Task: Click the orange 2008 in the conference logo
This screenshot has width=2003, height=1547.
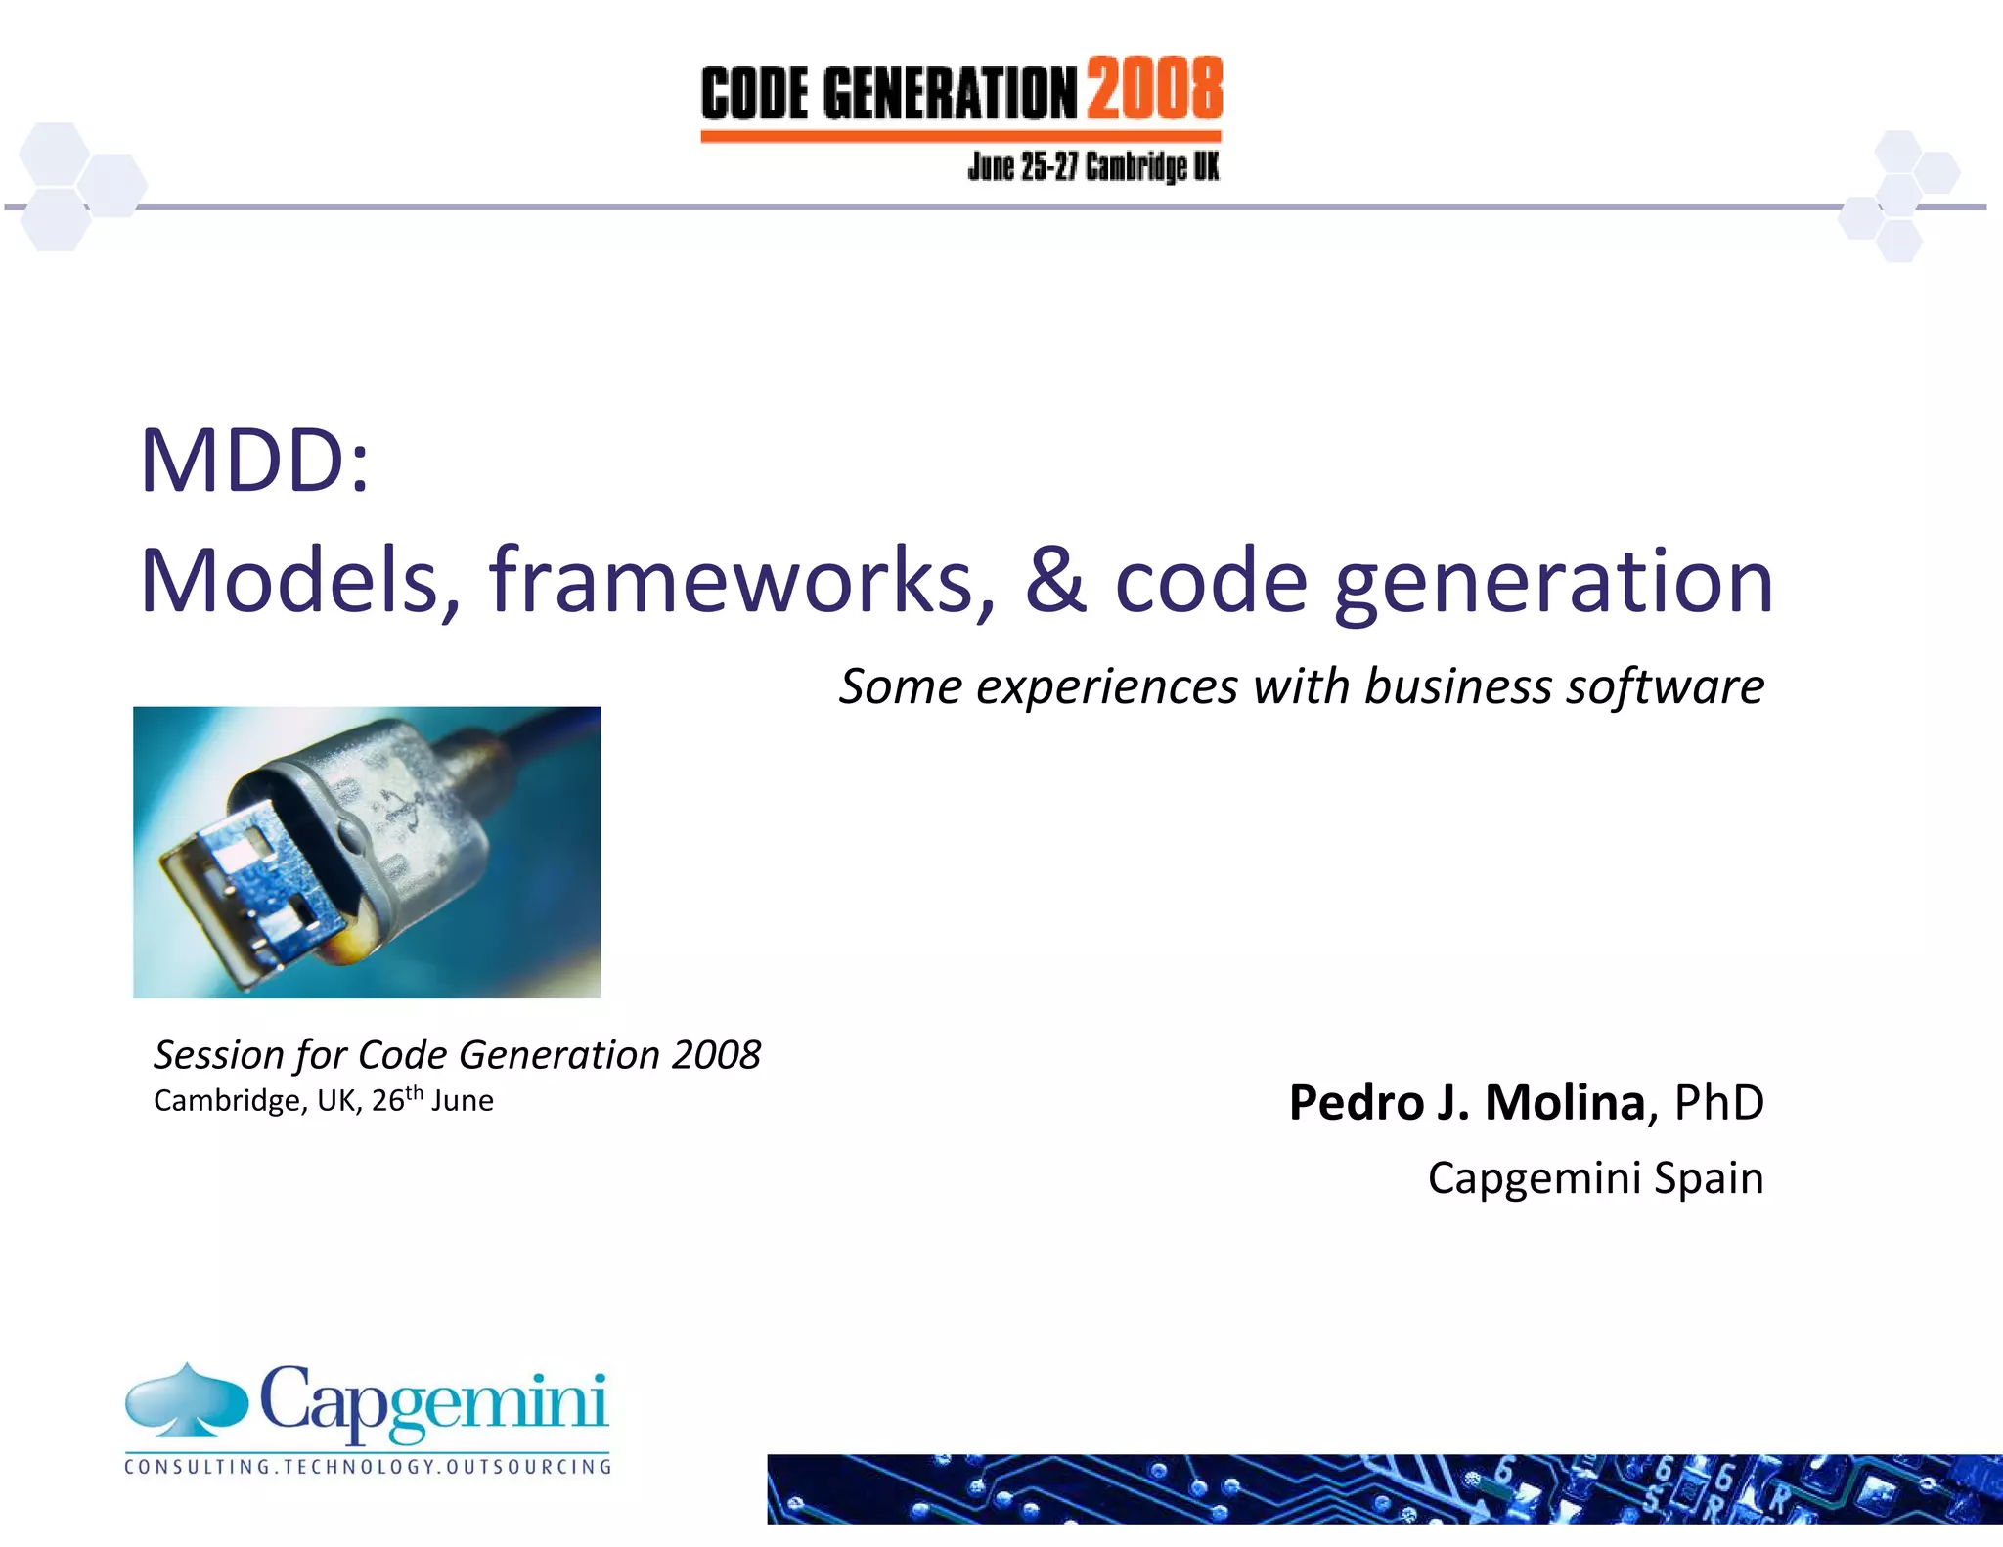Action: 1154,88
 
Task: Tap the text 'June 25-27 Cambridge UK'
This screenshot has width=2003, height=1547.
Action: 1092,167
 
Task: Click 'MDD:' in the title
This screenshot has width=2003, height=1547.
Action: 255,461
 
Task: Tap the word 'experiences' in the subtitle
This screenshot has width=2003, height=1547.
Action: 1106,685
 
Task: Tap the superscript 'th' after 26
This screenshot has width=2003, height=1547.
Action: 415,1092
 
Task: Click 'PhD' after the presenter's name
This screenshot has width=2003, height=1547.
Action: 1718,1103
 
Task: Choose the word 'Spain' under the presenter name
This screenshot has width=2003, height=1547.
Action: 1709,1177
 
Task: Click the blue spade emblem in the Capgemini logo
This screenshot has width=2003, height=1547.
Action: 187,1401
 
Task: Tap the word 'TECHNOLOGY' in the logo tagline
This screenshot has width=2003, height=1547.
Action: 359,1467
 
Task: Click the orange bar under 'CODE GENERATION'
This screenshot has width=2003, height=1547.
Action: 960,137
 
